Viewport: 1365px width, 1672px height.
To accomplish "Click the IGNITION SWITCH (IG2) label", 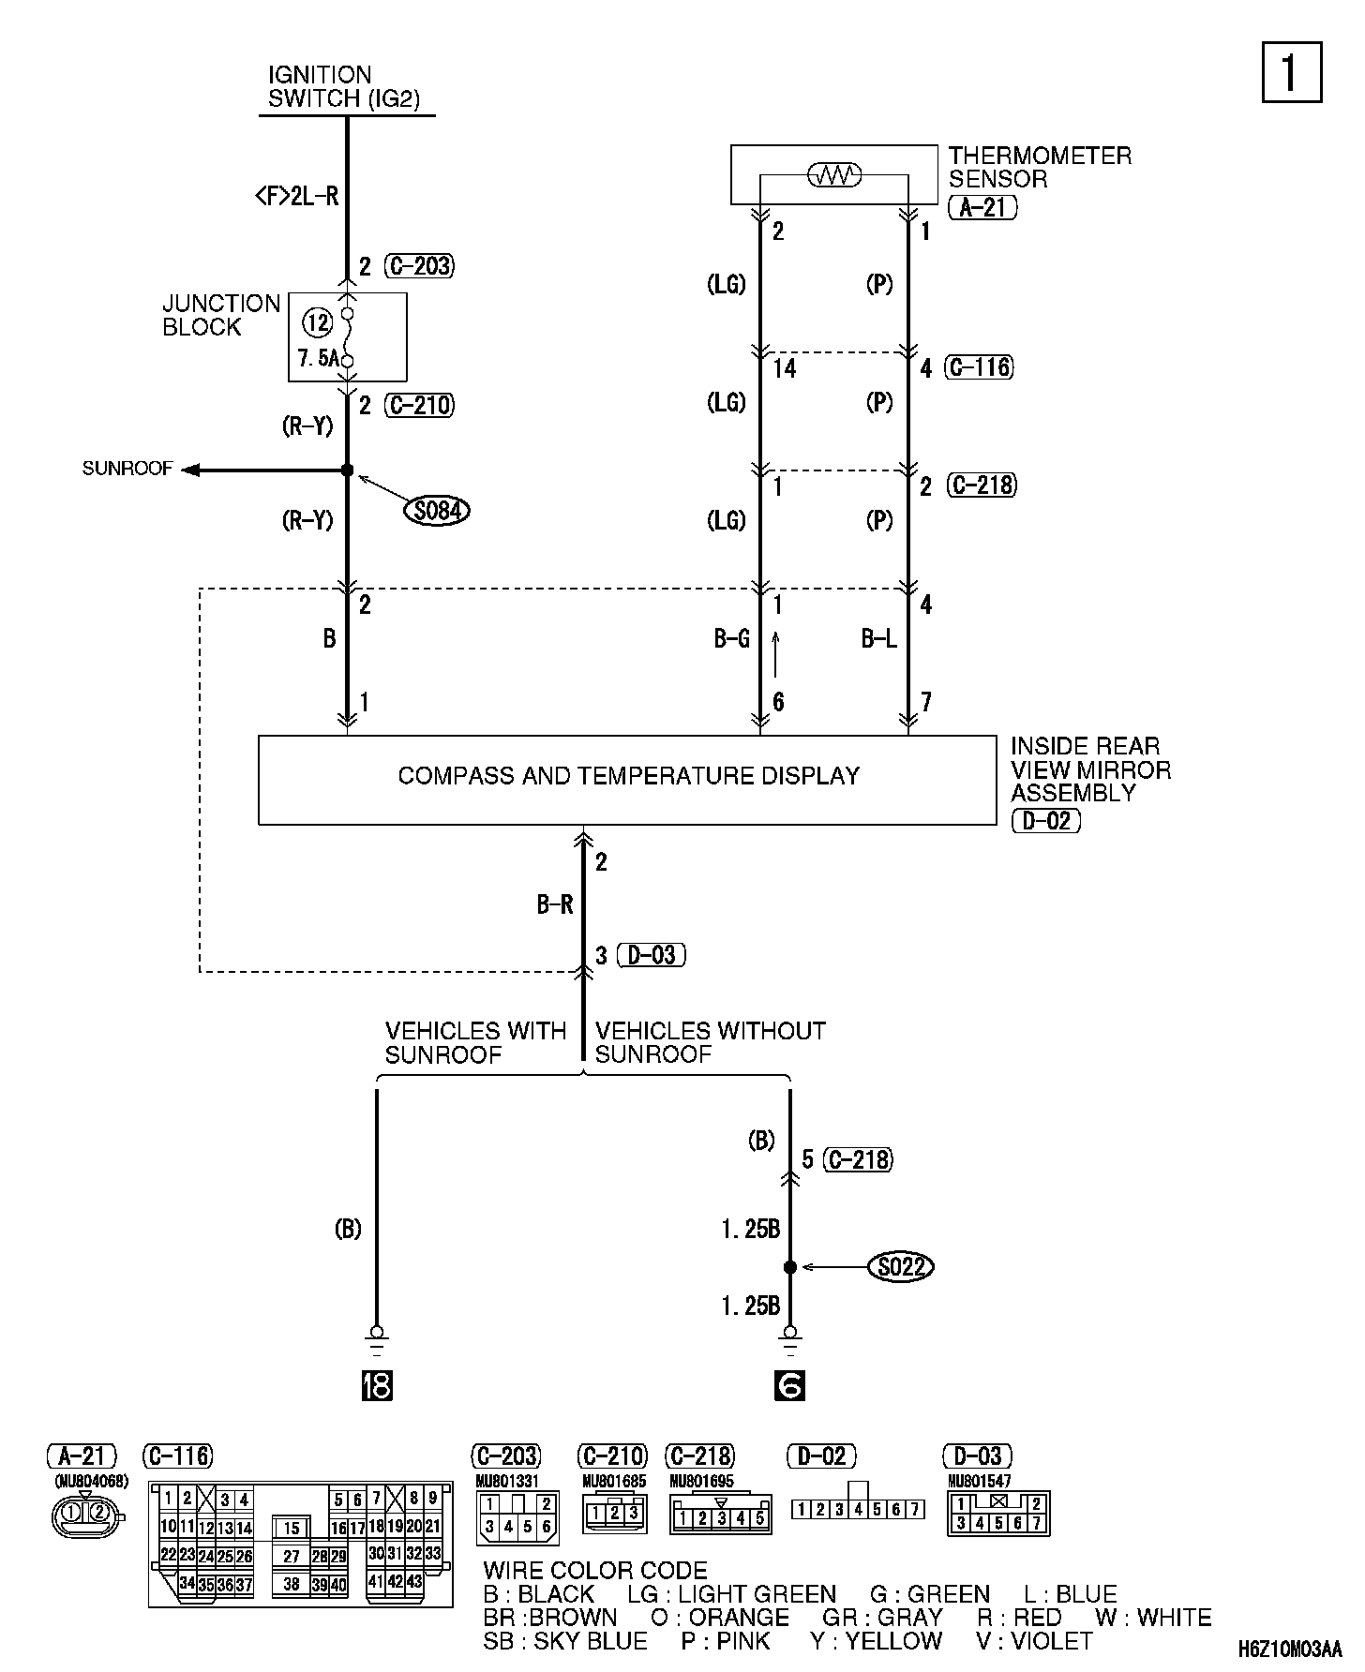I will pyautogui.click(x=343, y=87).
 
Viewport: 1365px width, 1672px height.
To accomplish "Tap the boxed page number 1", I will pyautogui.click(x=1291, y=72).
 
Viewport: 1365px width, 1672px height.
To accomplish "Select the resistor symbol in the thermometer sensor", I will pyautogui.click(x=833, y=174).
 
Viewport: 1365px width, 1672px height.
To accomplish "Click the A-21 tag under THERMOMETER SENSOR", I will pyautogui.click(x=982, y=207).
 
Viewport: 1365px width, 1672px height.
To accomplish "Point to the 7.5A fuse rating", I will pyautogui.click(x=318, y=358).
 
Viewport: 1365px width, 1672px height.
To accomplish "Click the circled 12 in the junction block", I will pyautogui.click(x=318, y=323).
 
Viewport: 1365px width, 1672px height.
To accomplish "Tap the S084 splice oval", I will pyautogui.click(x=437, y=511).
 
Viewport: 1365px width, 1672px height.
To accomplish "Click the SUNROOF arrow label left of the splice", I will pyautogui.click(x=127, y=469).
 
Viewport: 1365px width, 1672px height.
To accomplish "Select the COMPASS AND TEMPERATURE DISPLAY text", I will pyautogui.click(x=628, y=776).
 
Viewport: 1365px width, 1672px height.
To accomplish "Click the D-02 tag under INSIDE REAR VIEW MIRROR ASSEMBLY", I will pyautogui.click(x=1046, y=821).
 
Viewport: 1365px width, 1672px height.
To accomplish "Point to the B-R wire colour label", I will pyautogui.click(x=554, y=904).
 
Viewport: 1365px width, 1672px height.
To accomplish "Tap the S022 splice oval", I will pyautogui.click(x=902, y=1267).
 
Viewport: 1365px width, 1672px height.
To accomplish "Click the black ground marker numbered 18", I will pyautogui.click(x=376, y=1385).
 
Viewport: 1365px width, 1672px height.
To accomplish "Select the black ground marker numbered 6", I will pyautogui.click(x=789, y=1385).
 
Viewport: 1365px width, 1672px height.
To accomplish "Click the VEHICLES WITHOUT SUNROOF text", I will pyautogui.click(x=710, y=1042).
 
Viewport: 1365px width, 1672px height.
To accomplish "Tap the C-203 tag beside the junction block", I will pyautogui.click(x=419, y=266).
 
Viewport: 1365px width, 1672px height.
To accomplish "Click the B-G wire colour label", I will pyautogui.click(x=731, y=639).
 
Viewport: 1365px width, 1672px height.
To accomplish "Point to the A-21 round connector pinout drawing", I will pyautogui.click(x=85, y=1513).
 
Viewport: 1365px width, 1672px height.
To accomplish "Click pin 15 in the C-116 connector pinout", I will pyautogui.click(x=292, y=1529).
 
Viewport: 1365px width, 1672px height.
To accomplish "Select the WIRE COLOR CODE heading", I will pyautogui.click(x=595, y=1570).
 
